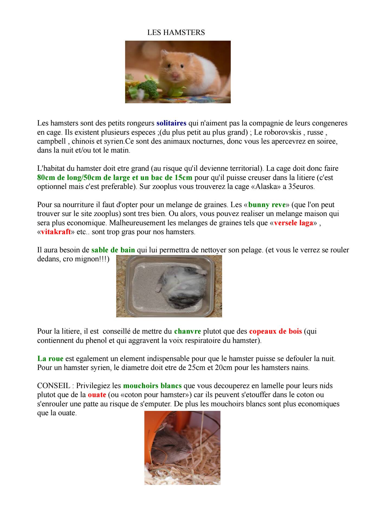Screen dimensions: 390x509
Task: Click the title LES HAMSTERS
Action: point(176,33)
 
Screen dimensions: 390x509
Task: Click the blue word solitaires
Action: point(171,123)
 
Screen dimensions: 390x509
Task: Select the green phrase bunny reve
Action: point(267,205)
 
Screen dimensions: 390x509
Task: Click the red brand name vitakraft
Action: point(56,232)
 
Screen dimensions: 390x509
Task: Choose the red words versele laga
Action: point(294,223)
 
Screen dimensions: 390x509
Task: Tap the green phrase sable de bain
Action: point(113,250)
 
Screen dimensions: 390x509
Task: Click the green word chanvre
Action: point(188,331)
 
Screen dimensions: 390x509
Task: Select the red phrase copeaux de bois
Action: point(275,331)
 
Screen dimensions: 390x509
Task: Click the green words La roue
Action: point(50,359)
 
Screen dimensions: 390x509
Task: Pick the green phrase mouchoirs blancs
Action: point(152,385)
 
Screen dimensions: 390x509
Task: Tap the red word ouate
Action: point(97,395)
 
